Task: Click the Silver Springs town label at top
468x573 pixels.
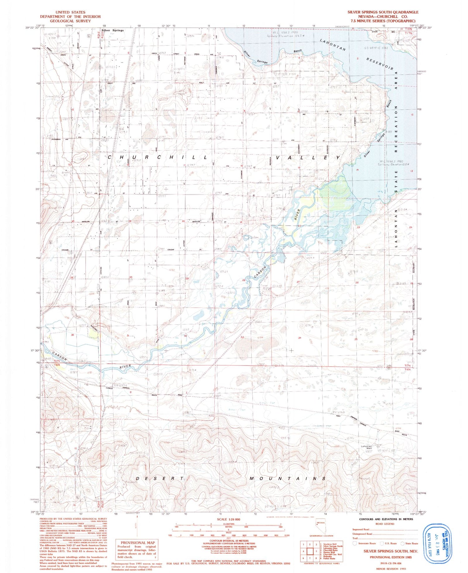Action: coord(112,31)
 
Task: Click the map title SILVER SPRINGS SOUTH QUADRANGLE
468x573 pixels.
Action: coord(383,12)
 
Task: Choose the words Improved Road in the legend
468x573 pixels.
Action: coord(361,529)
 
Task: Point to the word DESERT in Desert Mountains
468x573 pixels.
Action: coord(159,478)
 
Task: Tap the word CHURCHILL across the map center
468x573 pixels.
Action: coord(157,157)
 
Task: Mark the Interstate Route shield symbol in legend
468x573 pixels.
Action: coord(354,543)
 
